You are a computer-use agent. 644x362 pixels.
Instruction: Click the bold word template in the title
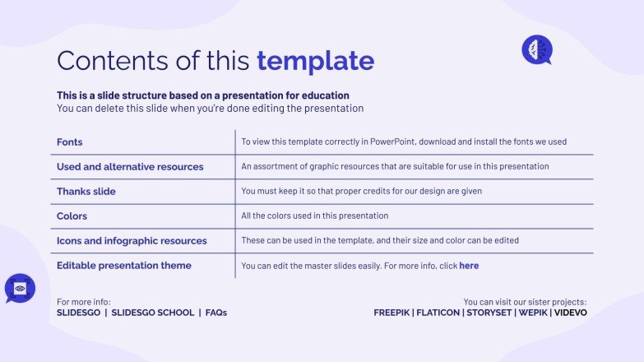click(315, 60)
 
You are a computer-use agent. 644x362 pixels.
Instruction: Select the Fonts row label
click(70, 142)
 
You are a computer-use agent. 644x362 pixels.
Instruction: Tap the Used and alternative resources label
click(130, 167)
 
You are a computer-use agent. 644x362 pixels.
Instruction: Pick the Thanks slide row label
click(86, 192)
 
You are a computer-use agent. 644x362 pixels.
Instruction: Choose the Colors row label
click(72, 216)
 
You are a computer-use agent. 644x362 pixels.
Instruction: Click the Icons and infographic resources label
click(132, 241)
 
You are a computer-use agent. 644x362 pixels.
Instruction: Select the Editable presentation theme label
click(124, 266)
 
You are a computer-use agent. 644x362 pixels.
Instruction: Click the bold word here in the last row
click(469, 266)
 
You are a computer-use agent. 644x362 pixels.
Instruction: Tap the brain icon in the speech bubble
click(536, 49)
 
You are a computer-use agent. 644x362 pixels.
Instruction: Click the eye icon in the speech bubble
click(20, 288)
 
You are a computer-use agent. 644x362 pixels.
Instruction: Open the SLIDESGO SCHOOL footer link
click(153, 313)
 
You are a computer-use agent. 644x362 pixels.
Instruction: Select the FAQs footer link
click(216, 313)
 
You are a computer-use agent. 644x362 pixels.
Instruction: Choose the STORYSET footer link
click(489, 313)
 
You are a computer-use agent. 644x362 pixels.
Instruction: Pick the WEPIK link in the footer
click(532, 313)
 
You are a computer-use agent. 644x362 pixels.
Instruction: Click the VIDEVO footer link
click(571, 313)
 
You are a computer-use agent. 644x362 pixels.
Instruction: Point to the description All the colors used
click(315, 216)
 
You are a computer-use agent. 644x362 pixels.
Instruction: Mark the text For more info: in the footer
click(83, 302)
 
